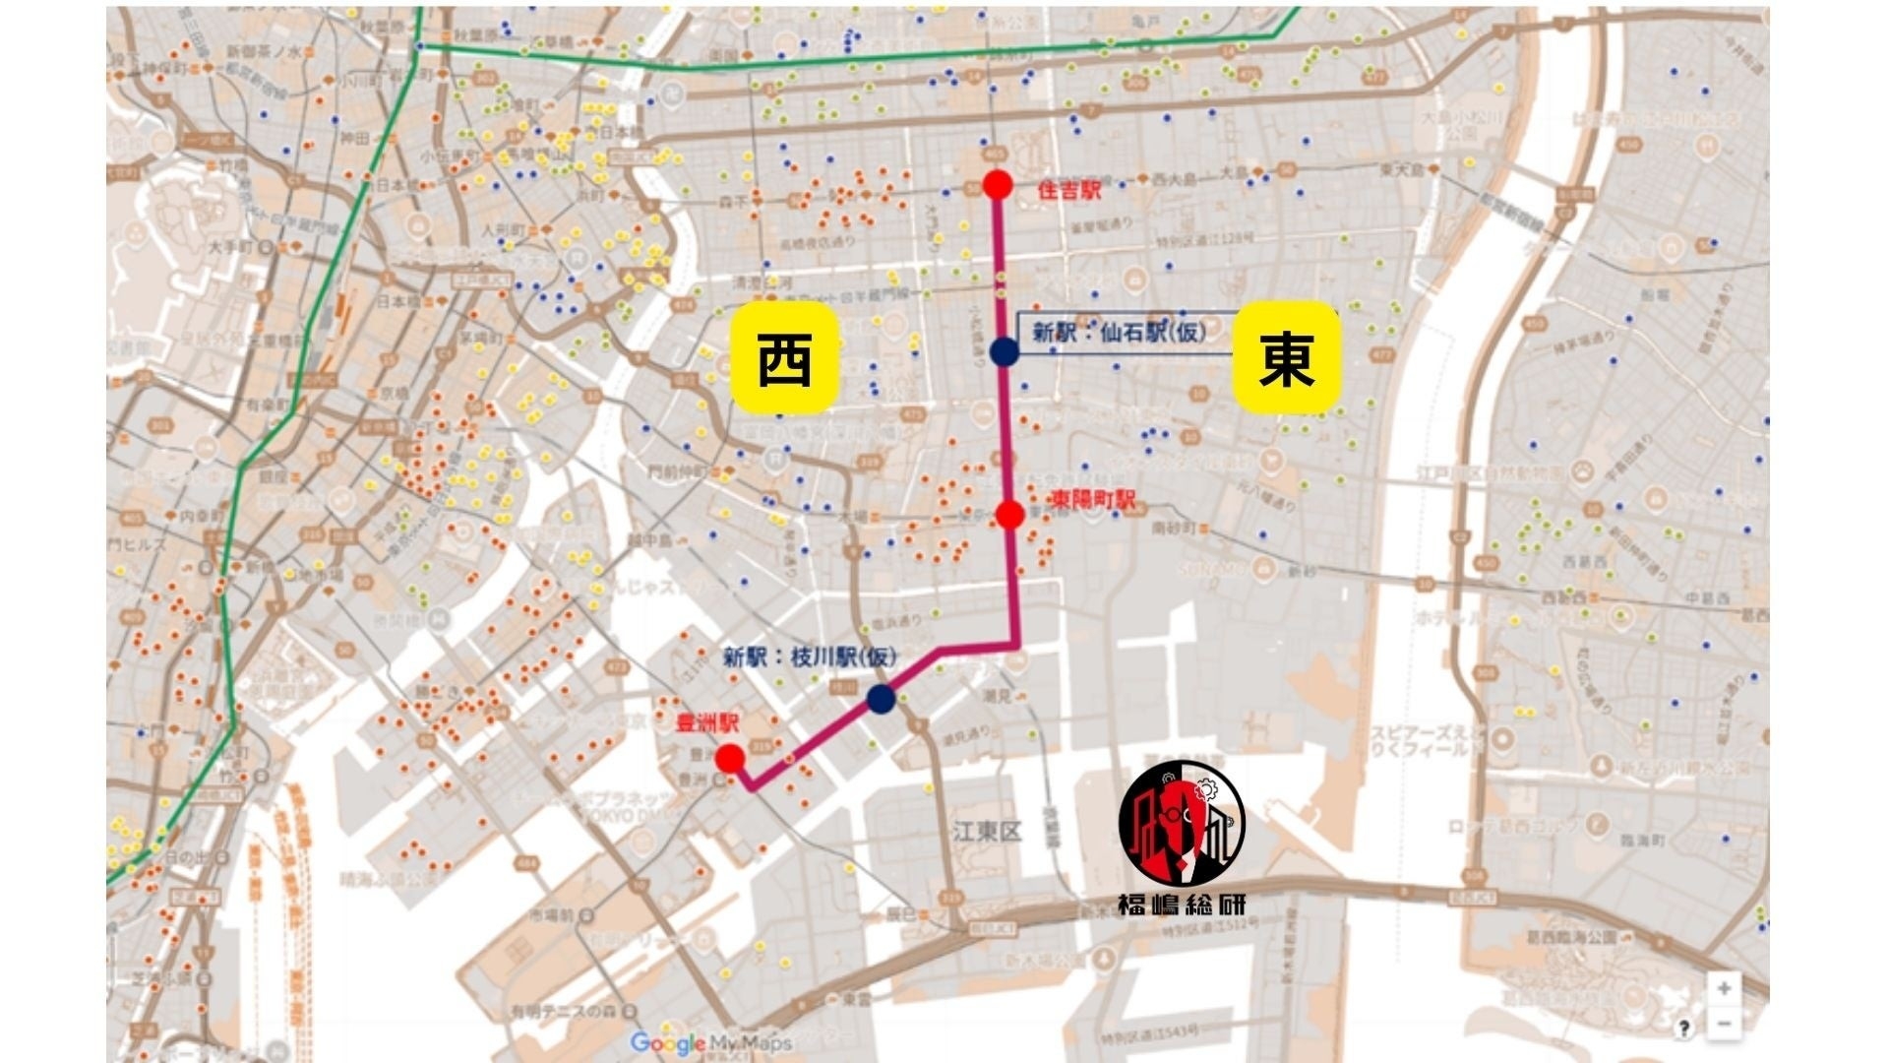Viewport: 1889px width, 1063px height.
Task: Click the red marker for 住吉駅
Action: (x=998, y=184)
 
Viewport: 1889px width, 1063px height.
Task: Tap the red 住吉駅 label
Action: (x=1069, y=191)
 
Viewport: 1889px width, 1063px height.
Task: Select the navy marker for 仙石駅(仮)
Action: (x=1004, y=351)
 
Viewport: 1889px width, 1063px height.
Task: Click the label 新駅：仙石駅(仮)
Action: (x=1118, y=333)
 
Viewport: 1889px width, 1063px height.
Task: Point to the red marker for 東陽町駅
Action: (x=1009, y=515)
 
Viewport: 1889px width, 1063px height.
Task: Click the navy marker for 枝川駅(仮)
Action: (x=881, y=699)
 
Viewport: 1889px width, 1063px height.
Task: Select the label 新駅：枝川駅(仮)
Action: (x=810, y=657)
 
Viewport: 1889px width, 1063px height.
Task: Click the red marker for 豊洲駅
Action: (x=729, y=758)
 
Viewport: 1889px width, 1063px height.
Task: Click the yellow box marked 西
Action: (x=784, y=358)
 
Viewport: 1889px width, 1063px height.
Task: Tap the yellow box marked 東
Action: (x=1286, y=358)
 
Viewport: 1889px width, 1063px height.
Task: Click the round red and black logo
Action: (x=1182, y=824)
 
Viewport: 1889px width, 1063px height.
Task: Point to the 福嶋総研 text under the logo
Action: (x=1182, y=905)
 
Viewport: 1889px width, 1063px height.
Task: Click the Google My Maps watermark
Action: (x=697, y=1042)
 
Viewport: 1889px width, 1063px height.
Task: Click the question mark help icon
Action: (x=1683, y=1029)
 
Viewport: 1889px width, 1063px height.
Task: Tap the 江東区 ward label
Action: (x=987, y=832)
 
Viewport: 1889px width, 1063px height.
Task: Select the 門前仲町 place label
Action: (x=677, y=472)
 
